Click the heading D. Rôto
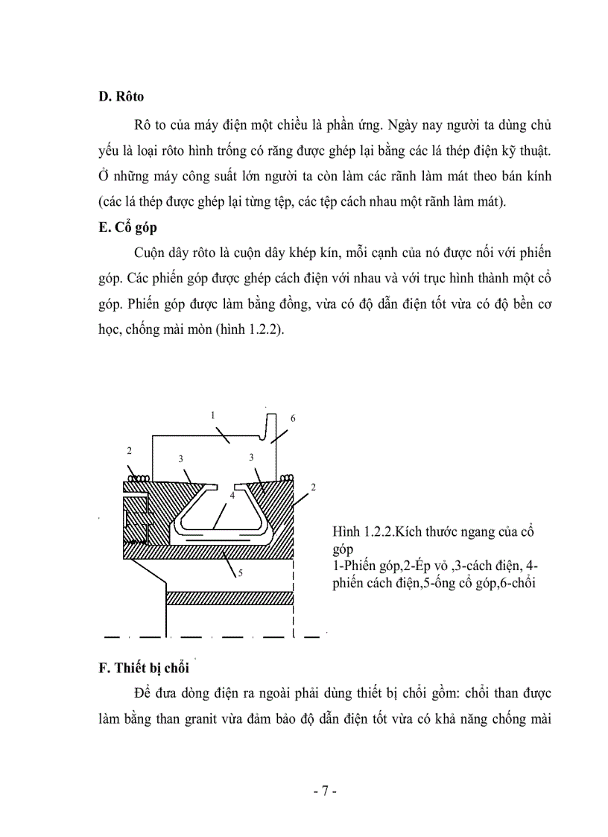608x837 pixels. [122, 97]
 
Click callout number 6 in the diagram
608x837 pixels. [293, 419]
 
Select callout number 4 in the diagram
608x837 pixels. [232, 494]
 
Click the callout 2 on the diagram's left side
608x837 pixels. [129, 452]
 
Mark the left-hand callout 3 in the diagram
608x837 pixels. [180, 459]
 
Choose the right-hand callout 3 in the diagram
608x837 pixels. [252, 457]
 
